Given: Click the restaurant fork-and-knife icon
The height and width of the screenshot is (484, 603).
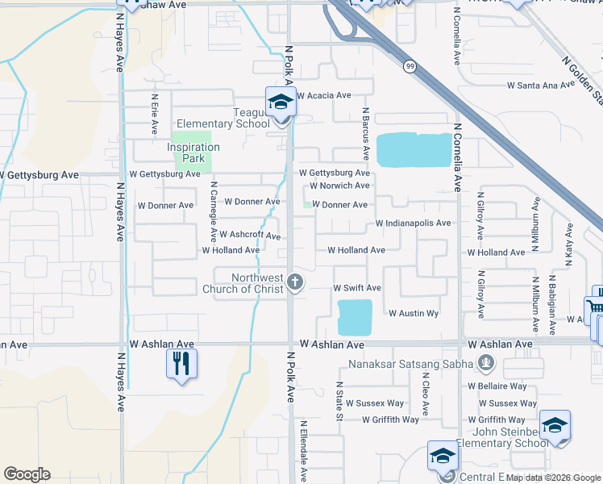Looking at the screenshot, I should coord(181,364).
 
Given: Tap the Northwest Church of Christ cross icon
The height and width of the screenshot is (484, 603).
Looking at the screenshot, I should coord(295,282).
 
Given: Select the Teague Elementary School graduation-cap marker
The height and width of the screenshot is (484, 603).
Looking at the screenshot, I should coord(281,102).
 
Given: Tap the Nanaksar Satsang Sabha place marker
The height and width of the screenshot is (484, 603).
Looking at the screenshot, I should coord(485,363).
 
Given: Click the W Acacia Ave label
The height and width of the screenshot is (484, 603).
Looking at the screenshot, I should coord(324,95).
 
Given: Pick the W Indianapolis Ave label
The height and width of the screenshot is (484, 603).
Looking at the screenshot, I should coord(413,223).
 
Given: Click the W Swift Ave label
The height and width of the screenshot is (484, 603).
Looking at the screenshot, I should coord(357,288).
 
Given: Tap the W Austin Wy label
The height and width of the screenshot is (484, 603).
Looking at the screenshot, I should coord(414,313).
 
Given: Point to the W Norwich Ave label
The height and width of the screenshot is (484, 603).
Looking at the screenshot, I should coord(339,186).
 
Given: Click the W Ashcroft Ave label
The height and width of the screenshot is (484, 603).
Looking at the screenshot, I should coord(250,236).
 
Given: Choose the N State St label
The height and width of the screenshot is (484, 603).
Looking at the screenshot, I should coord(339,401).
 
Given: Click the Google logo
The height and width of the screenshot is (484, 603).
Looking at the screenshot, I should coord(27,474).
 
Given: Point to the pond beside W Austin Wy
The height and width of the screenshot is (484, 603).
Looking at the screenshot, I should coord(355,317).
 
